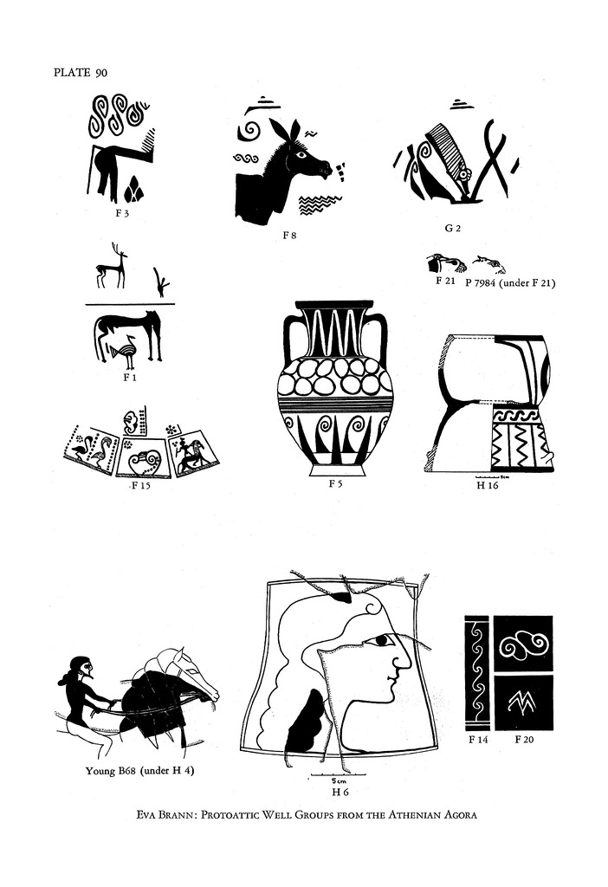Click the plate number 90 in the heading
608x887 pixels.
(101, 73)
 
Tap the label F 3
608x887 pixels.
(121, 213)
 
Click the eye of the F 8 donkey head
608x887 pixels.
(301, 154)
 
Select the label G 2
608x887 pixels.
(452, 228)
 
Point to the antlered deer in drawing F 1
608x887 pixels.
(112, 266)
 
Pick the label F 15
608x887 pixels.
(141, 485)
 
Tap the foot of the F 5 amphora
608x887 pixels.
(335, 470)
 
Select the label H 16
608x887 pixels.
(488, 485)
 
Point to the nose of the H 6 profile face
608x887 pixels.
(405, 660)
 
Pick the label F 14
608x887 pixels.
(478, 740)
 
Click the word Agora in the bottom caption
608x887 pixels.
(460, 815)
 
